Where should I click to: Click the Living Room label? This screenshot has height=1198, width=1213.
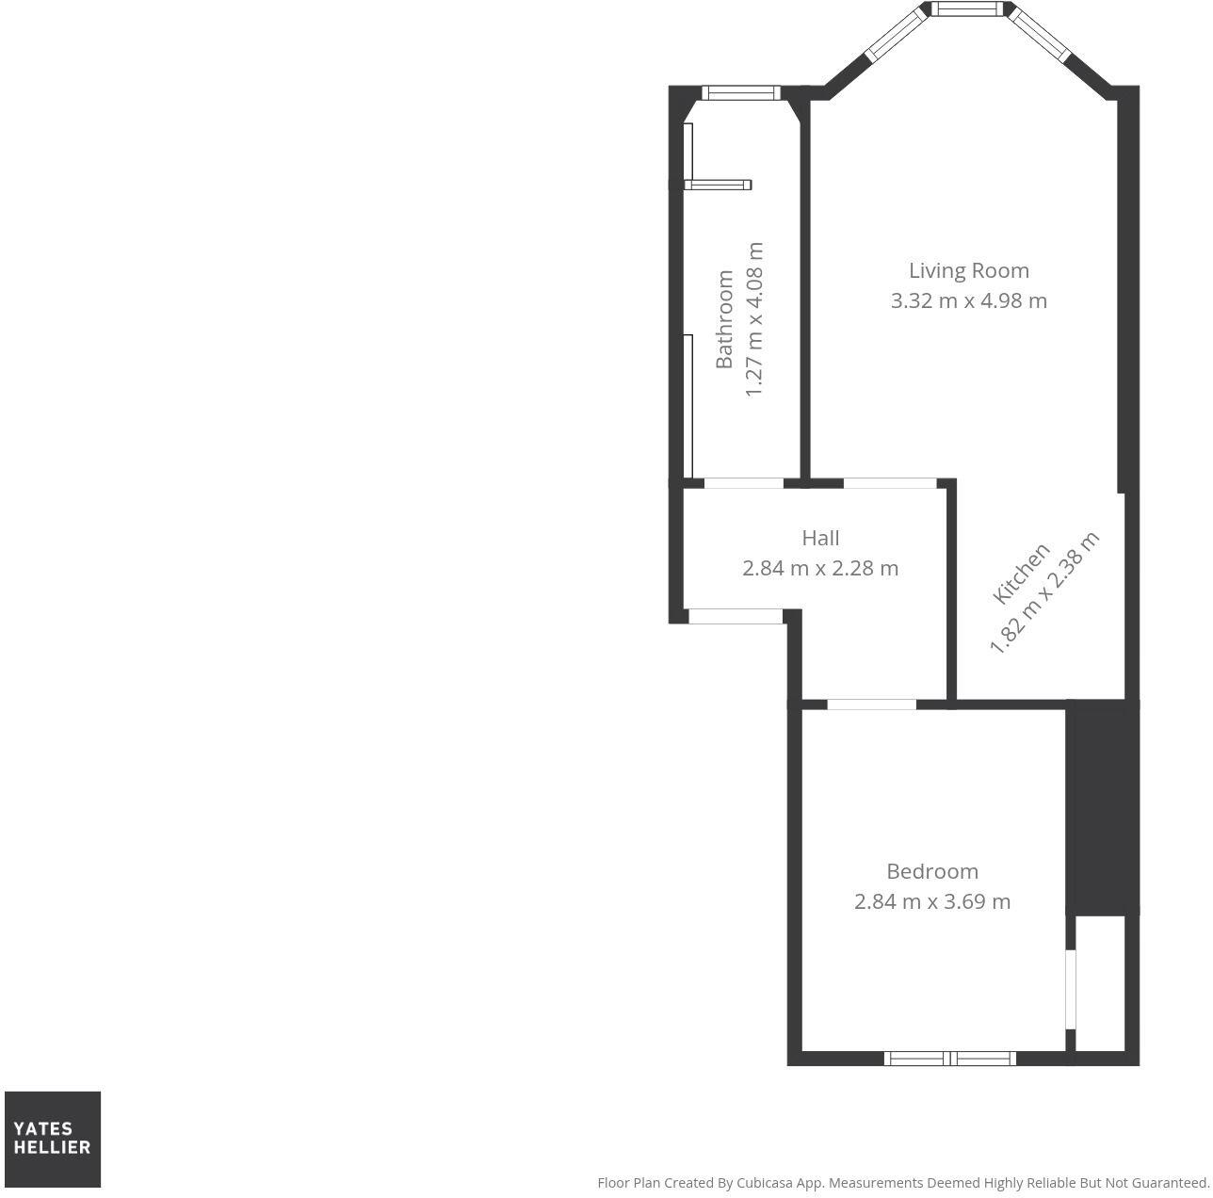[968, 270]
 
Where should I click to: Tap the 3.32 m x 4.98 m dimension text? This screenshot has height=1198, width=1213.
[968, 300]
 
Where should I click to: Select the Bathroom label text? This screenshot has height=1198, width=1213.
[724, 319]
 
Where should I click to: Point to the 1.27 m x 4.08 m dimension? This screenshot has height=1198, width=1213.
[753, 319]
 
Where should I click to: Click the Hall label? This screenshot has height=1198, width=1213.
[820, 538]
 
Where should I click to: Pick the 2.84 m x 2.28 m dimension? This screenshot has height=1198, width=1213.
[820, 568]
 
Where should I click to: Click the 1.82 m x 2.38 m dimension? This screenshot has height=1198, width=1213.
[1044, 592]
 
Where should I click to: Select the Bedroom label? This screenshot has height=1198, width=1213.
[932, 871]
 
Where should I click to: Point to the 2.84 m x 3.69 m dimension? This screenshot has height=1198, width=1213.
[932, 901]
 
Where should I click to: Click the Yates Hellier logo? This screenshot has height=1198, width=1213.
[53, 1139]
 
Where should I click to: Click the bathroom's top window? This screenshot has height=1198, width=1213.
[741, 92]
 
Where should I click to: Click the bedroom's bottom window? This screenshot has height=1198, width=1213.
[950, 1059]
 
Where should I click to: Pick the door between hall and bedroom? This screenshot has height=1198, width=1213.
[871, 704]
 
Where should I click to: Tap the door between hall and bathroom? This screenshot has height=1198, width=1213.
[744, 484]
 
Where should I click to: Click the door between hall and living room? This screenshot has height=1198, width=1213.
[890, 484]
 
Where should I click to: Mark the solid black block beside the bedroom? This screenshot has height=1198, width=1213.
[1102, 808]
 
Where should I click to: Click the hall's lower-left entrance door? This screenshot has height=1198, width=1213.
[736, 617]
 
